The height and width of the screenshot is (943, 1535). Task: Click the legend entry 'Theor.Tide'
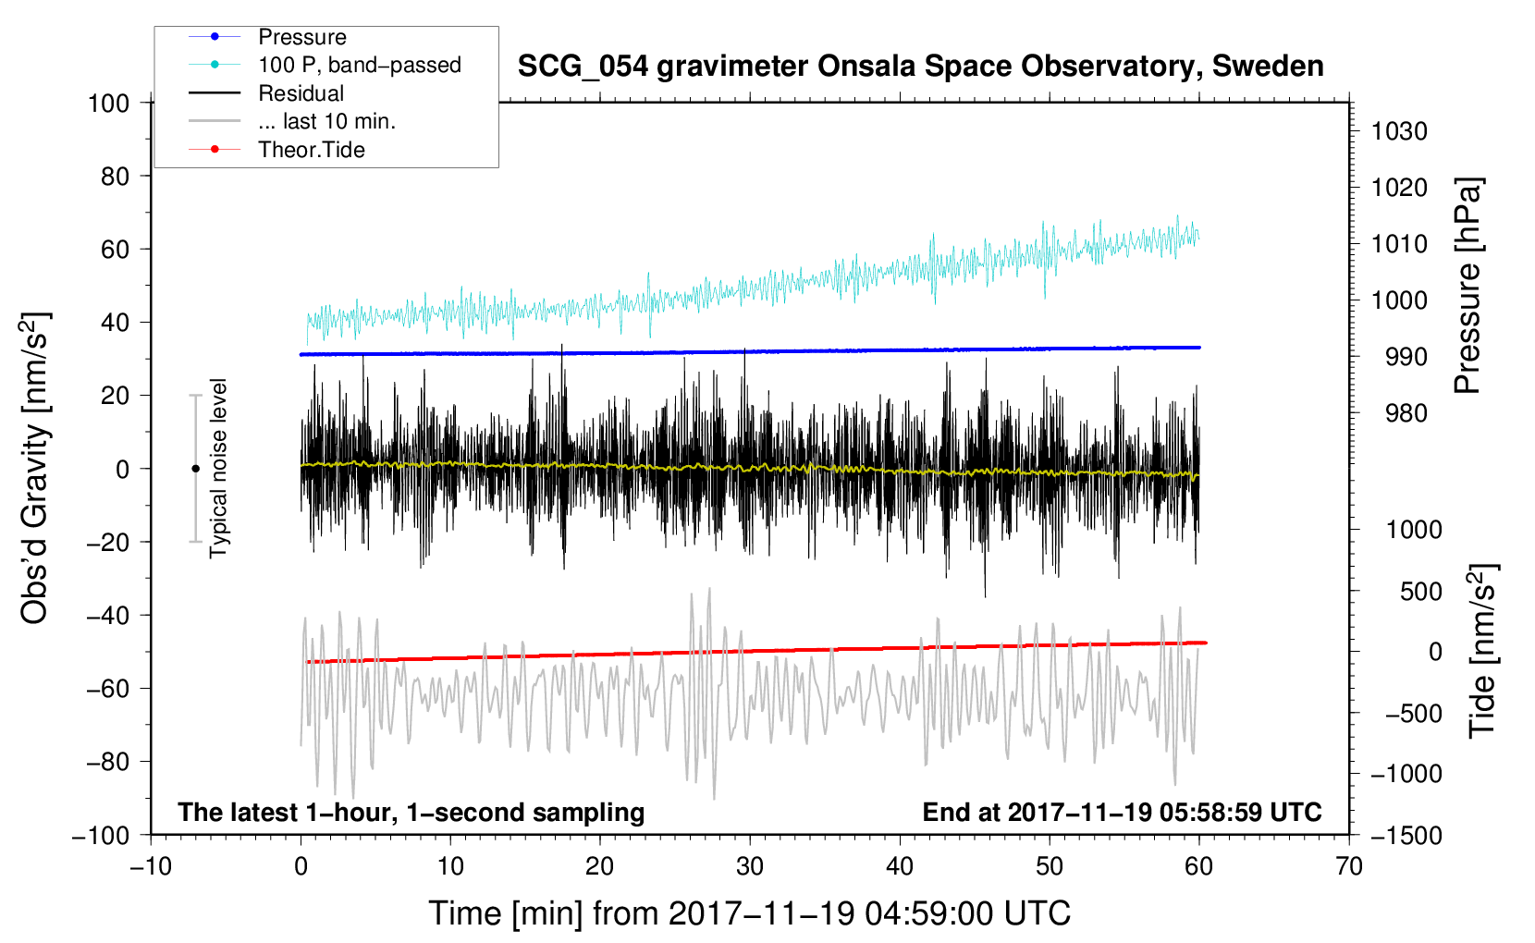311,150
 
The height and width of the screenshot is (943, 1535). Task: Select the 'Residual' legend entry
301,93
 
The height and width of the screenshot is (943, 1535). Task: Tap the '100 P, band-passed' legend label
360,65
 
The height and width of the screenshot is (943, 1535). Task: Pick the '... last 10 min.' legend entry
326,121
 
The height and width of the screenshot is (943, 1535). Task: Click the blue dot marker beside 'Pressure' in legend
215,36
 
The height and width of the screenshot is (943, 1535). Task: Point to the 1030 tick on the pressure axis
1399,131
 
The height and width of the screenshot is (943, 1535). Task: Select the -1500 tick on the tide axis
1406,836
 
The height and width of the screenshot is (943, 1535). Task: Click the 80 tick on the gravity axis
115,177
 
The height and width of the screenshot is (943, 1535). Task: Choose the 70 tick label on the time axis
1348,867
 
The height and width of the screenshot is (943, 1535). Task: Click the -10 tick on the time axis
151,867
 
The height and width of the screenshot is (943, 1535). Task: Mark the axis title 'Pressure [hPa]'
1467,286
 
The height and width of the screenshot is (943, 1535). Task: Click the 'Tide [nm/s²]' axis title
1482,651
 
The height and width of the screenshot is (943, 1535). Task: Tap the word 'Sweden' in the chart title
1268,67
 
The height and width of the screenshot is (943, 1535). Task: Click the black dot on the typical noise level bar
195,469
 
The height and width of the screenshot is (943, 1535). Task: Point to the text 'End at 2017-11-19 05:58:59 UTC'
1122,812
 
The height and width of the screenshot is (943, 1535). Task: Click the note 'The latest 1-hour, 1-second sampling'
411,813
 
